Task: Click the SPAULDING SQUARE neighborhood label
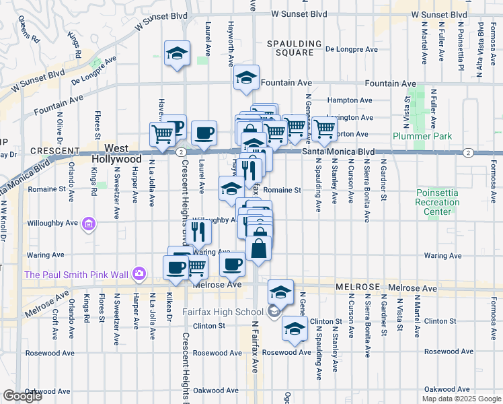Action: (x=290, y=47)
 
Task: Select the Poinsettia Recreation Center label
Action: (x=437, y=202)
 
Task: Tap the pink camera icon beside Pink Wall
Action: (x=139, y=273)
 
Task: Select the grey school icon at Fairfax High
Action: (x=273, y=311)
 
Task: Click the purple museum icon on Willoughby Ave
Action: (x=88, y=224)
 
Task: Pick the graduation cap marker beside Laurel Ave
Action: (x=178, y=53)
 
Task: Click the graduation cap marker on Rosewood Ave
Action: (x=295, y=329)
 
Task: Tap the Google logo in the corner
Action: (x=22, y=396)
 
